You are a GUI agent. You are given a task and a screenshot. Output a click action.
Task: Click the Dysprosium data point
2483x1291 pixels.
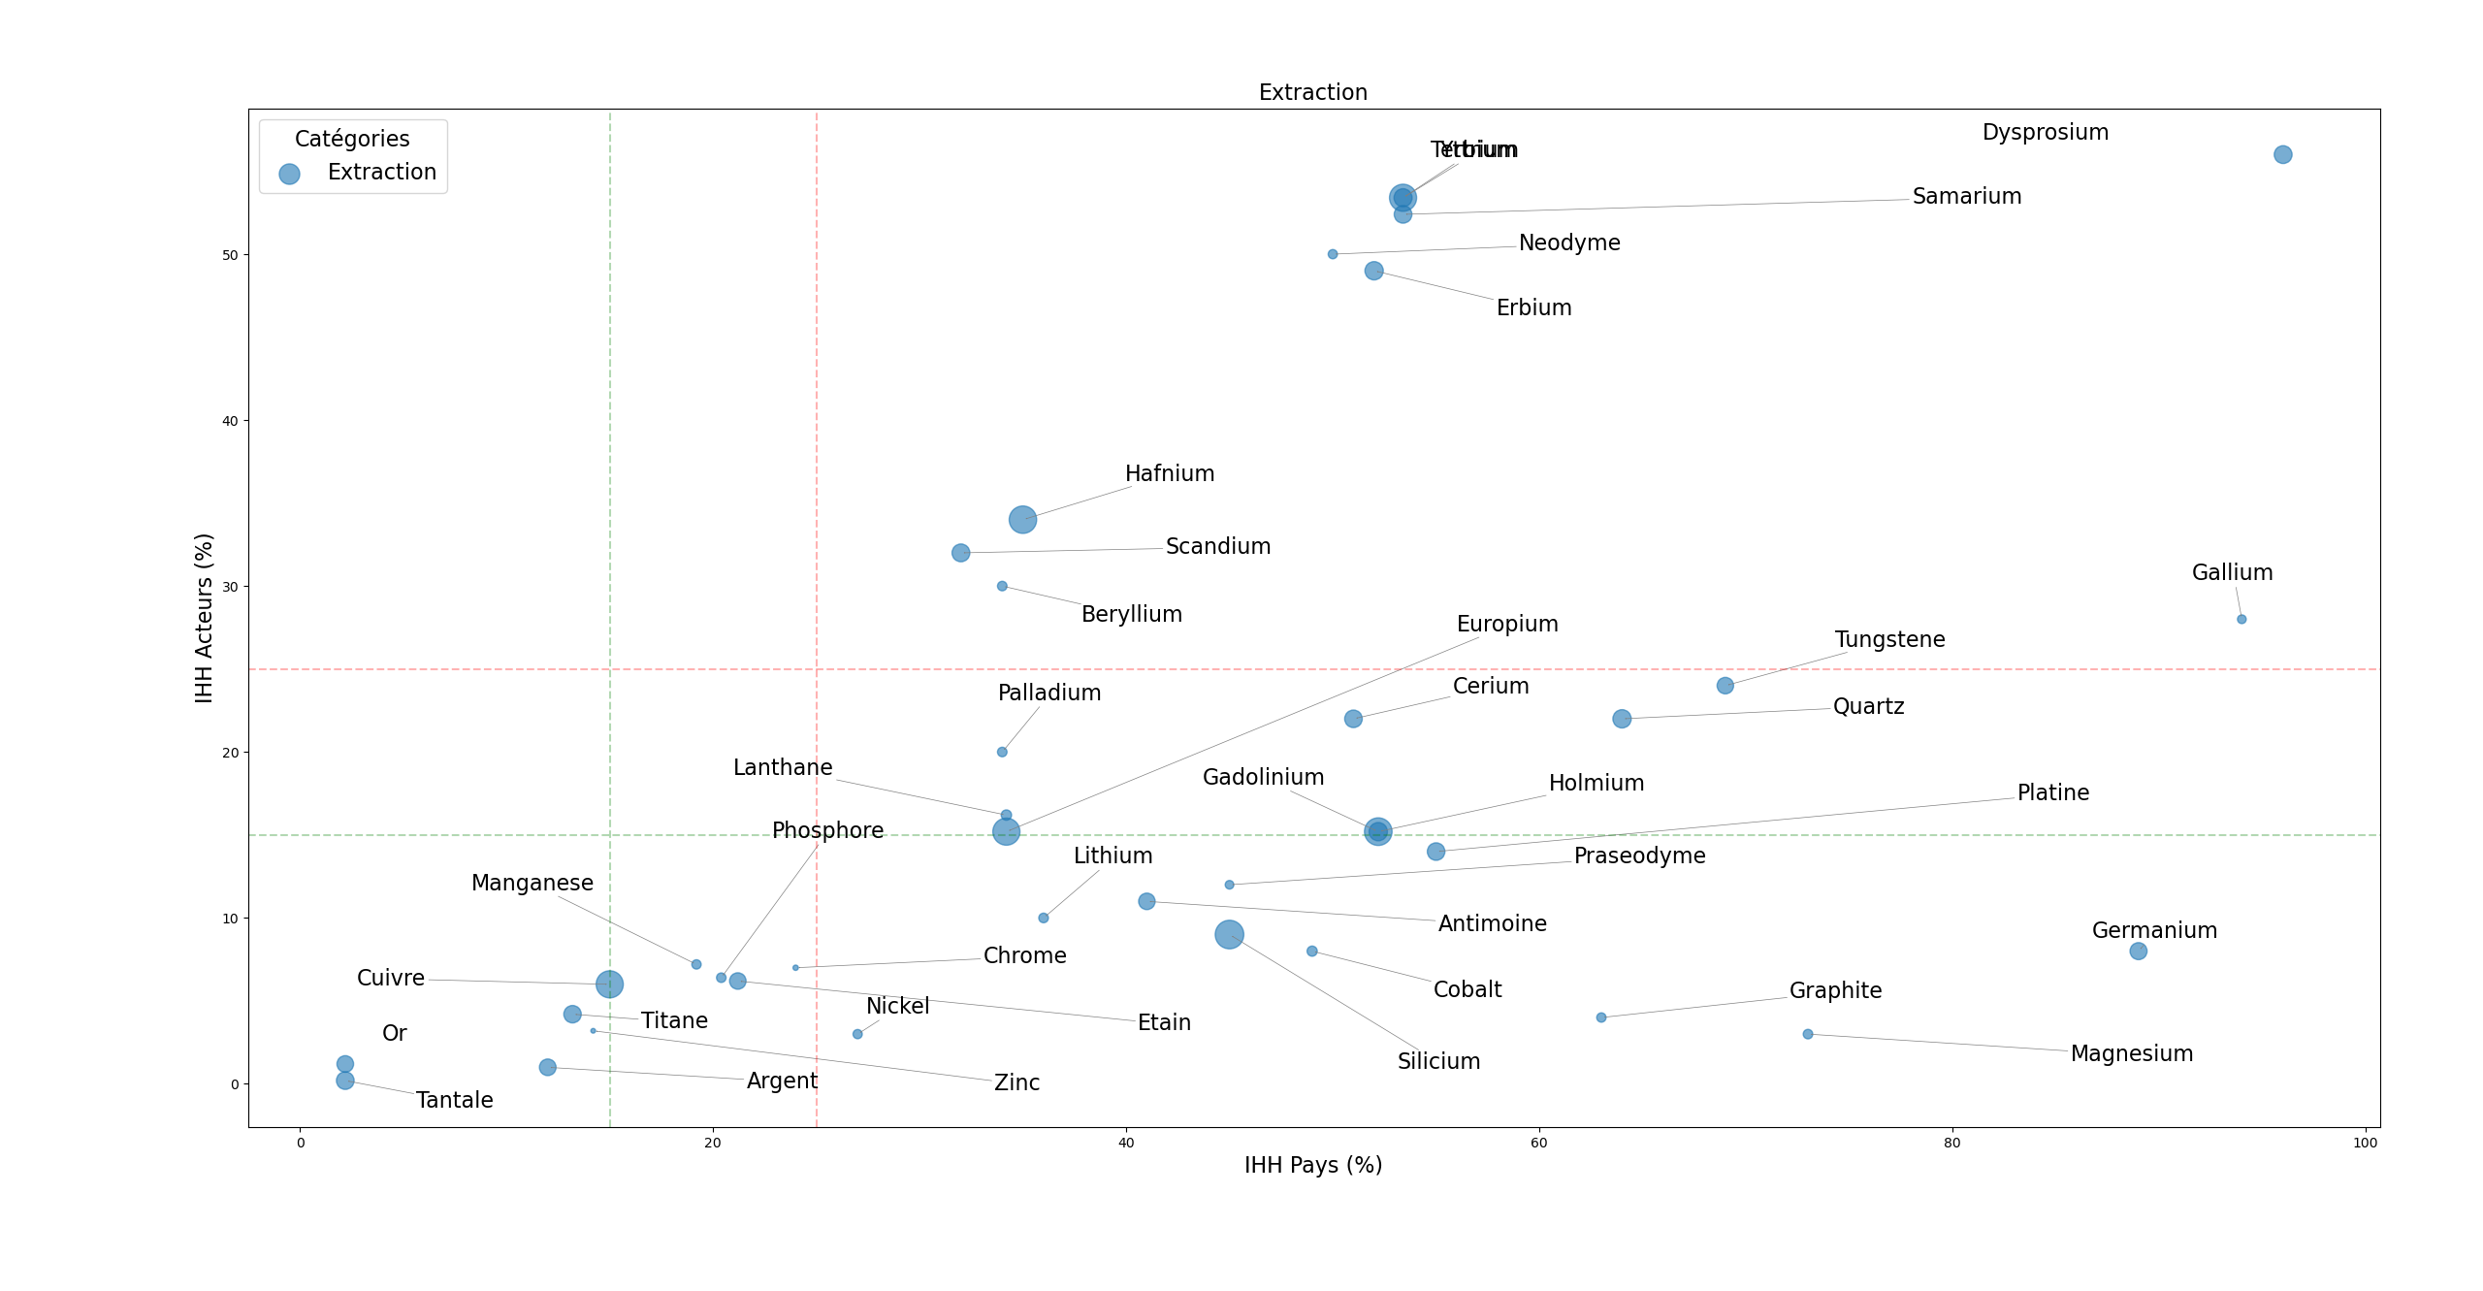pyautogui.click(x=2282, y=154)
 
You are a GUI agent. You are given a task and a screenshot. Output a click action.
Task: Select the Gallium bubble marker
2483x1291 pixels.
pyautogui.click(x=2241, y=619)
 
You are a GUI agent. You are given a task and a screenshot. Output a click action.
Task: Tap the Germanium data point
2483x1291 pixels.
pyautogui.click(x=2138, y=952)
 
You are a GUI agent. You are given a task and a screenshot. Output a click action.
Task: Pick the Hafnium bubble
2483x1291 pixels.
pyautogui.click(x=1022, y=520)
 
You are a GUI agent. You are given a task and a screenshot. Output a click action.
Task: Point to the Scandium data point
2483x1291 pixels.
pyautogui.click(x=960, y=553)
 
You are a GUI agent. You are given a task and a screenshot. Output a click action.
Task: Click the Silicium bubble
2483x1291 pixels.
pyautogui.click(x=1229, y=935)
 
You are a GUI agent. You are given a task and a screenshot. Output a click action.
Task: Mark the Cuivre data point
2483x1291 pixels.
pyautogui.click(x=609, y=984)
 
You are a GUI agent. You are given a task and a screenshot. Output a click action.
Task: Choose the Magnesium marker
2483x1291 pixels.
pyautogui.click(x=1808, y=1034)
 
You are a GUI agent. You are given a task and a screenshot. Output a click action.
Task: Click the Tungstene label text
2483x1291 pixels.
pyautogui.click(x=1889, y=640)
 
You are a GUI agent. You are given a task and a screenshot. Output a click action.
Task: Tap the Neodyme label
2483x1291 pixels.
pyautogui.click(x=1568, y=243)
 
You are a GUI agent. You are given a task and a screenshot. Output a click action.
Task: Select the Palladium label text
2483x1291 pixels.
pyautogui.click(x=1048, y=694)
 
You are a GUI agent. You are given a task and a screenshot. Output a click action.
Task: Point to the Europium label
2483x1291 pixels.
pyautogui.click(x=1506, y=625)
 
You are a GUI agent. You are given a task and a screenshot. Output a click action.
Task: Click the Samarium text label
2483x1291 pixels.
pyautogui.click(x=1966, y=197)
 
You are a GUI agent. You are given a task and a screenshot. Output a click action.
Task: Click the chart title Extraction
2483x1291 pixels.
pyautogui.click(x=1312, y=93)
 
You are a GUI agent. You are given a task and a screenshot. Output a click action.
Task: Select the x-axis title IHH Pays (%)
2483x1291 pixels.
pyautogui.click(x=1312, y=1165)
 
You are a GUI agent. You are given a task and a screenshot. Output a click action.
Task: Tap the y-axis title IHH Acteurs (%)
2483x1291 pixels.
pyautogui.click(x=204, y=618)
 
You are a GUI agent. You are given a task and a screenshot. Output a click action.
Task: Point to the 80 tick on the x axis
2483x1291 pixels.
pyautogui.click(x=1951, y=1143)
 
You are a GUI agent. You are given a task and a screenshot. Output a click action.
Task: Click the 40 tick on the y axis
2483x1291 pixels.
pyautogui.click(x=230, y=421)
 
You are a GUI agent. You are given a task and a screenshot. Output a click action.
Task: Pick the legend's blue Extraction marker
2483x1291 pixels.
pyautogui.click(x=289, y=174)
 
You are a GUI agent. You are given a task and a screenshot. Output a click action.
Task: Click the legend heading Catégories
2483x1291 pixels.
pyautogui.click(x=352, y=140)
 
